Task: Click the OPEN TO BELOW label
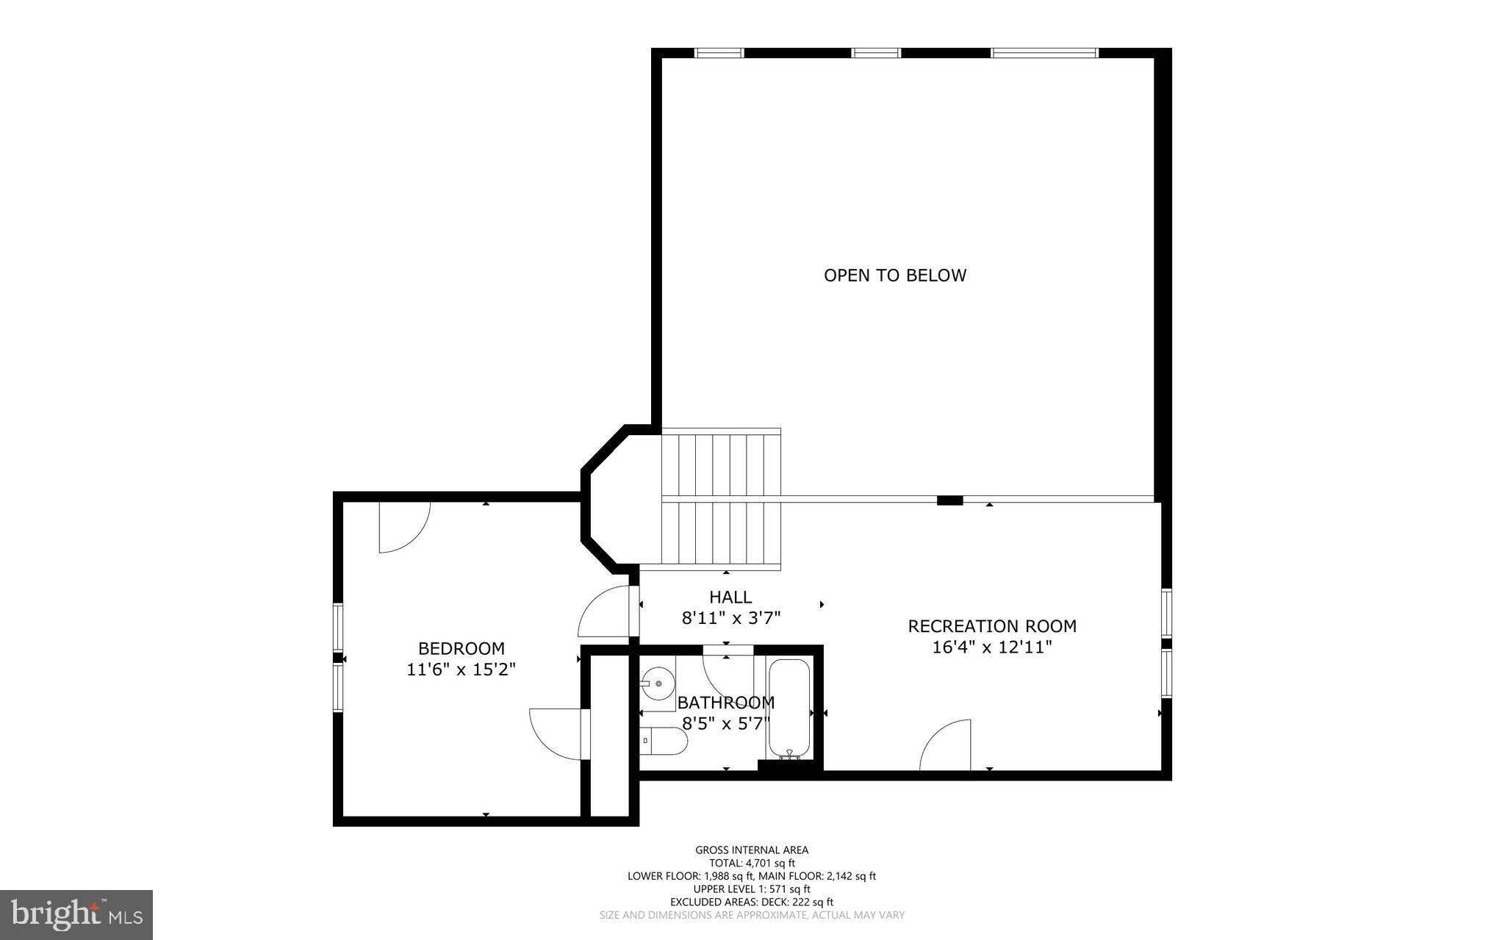coord(894,276)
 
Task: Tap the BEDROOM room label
coord(461,648)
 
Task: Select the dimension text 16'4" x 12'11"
coord(992,647)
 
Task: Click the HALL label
coord(730,597)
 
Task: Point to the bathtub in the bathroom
coord(789,708)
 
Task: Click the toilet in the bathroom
coord(663,741)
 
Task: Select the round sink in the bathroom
coord(659,684)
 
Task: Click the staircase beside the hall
coord(720,500)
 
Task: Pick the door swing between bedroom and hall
coord(605,611)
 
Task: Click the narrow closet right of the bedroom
coord(609,735)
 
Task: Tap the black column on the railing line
coord(949,501)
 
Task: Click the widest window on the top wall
coord(1044,53)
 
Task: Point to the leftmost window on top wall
coord(719,53)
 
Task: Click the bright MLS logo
coord(76,914)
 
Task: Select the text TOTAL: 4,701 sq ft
coord(752,863)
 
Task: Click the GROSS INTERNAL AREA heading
coord(752,850)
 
